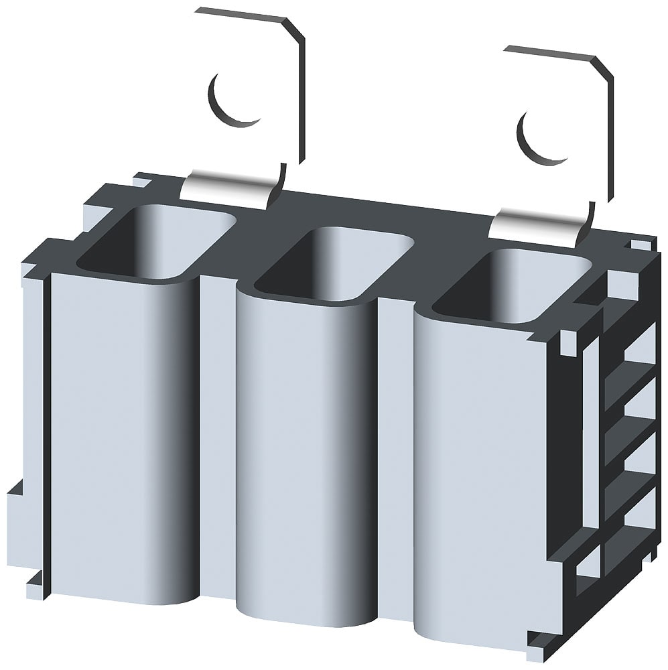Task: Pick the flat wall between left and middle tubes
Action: (217, 435)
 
